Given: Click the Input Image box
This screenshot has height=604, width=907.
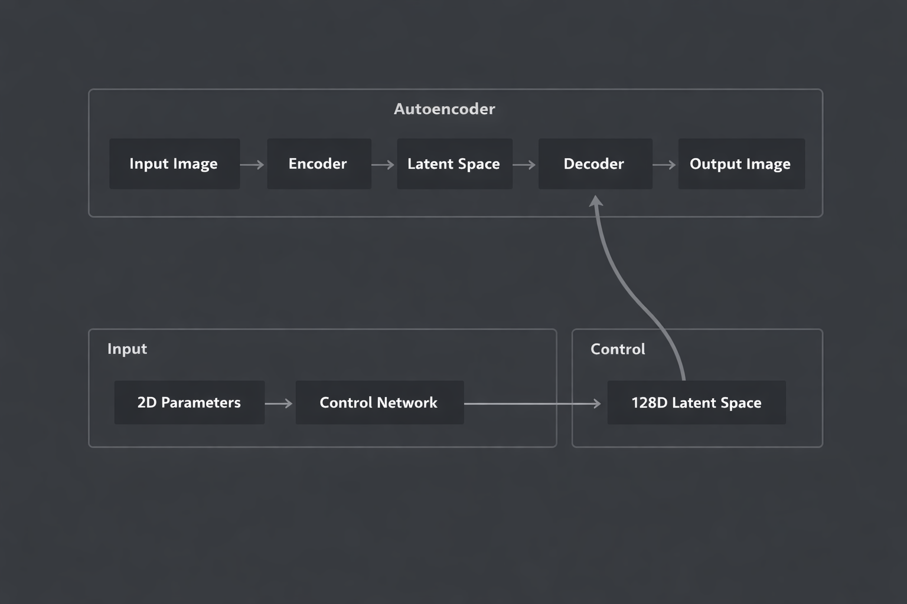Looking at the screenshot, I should pyautogui.click(x=174, y=164).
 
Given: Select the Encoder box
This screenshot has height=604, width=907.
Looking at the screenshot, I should pyautogui.click(x=319, y=164).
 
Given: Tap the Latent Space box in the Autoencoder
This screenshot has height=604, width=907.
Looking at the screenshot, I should pyautogui.click(x=454, y=164).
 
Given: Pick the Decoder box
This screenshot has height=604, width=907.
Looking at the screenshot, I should pyautogui.click(x=595, y=164).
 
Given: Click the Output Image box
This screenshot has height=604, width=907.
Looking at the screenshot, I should pyautogui.click(x=741, y=164).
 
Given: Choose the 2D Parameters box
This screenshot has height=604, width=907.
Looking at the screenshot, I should pyautogui.click(x=189, y=402).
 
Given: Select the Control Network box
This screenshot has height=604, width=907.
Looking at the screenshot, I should pyautogui.click(x=379, y=402).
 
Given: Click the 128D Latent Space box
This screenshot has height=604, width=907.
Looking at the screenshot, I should pyautogui.click(x=696, y=402).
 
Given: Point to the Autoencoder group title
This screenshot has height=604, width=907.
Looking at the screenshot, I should pyautogui.click(x=444, y=109).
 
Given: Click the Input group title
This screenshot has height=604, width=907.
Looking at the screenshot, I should pyautogui.click(x=127, y=349).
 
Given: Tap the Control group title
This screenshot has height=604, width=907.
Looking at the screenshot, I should pyautogui.click(x=618, y=349).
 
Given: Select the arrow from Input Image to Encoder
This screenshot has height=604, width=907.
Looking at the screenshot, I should pyautogui.click(x=253, y=165).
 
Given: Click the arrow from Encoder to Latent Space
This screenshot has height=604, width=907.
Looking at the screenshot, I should pyautogui.click(x=383, y=165).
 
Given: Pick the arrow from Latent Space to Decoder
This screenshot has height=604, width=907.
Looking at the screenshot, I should pyautogui.click(x=525, y=165).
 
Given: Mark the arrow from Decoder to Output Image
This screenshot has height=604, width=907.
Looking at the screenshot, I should pyautogui.click(x=665, y=165).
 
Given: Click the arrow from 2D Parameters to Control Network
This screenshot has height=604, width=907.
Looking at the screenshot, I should pyautogui.click(x=279, y=403).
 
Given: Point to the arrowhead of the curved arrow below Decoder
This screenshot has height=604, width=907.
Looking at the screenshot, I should pyautogui.click(x=596, y=202).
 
